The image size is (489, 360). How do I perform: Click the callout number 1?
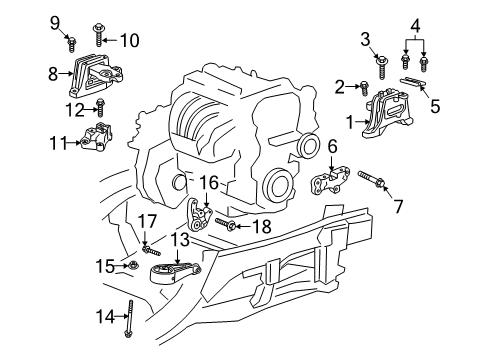(x=350, y=122)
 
